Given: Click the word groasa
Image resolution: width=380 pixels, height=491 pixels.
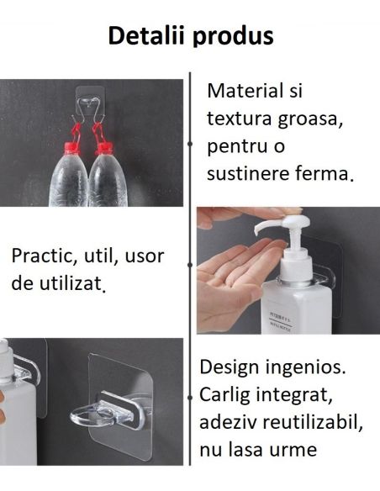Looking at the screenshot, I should click(302, 119).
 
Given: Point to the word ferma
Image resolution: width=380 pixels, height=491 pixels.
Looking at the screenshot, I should click(326, 174).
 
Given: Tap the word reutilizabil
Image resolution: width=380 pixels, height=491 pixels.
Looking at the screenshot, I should click(310, 422).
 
